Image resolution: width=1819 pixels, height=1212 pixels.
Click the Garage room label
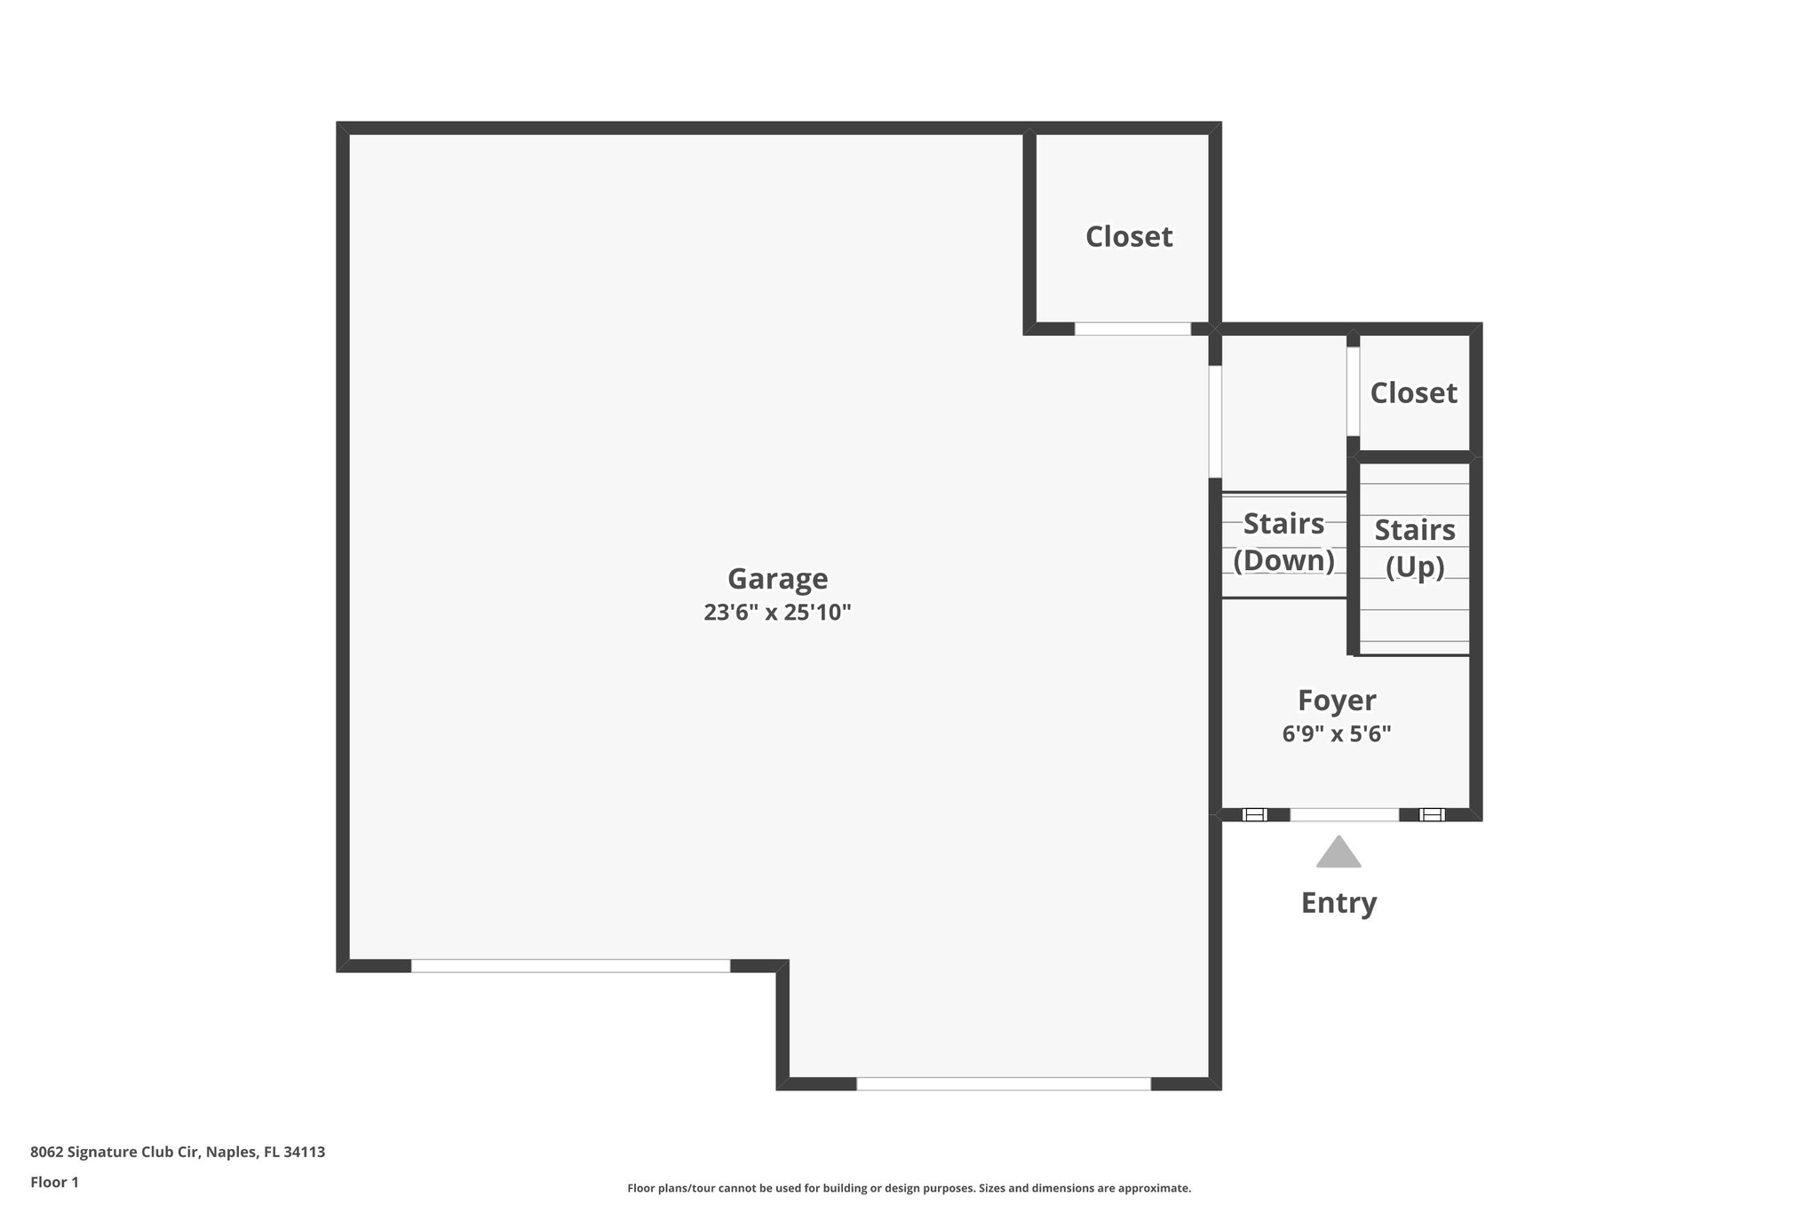[777, 579]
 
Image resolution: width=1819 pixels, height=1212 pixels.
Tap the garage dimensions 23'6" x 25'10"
[777, 613]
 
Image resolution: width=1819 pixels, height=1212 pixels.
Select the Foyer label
[1337, 701]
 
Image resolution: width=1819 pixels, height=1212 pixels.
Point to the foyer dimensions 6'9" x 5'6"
[1337, 734]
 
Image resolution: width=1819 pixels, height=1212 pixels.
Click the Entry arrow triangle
[1338, 853]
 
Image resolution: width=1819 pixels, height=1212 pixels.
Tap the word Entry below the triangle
[1338, 903]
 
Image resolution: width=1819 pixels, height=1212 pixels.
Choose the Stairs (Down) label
[1283, 543]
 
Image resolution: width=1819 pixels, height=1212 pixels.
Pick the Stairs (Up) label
[1414, 549]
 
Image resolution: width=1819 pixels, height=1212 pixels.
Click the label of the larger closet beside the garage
[1129, 237]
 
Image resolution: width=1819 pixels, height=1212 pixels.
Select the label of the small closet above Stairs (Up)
[1413, 393]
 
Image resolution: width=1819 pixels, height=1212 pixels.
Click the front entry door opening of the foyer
[1344, 814]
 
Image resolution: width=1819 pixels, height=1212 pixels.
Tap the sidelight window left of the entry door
[1254, 814]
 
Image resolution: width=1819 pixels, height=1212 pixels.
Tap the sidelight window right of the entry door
[1432, 814]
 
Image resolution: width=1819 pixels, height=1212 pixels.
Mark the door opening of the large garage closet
[1132, 329]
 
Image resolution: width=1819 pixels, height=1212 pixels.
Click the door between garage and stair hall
[1215, 422]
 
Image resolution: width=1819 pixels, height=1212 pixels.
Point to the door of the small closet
[1353, 391]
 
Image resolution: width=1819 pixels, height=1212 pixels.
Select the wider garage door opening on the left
[570, 966]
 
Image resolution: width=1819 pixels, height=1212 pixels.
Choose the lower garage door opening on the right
[1004, 1083]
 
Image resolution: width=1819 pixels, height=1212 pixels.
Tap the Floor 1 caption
[55, 1183]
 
